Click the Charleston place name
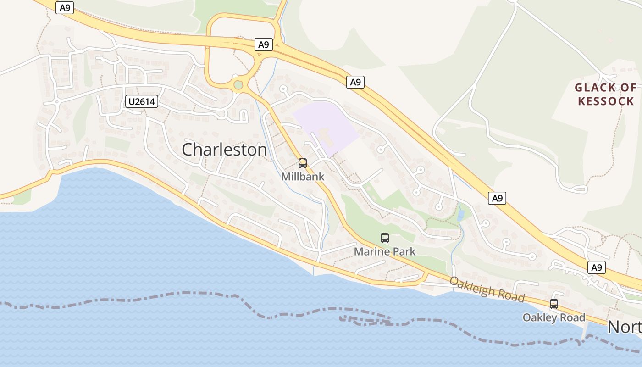coord(224,150)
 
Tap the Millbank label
coord(303,177)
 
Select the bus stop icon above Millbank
coord(303,163)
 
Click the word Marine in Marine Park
coord(370,251)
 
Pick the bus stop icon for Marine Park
coord(385,238)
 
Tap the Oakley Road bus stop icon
coord(554,304)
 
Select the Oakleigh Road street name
coord(487,289)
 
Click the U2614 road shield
coord(142,102)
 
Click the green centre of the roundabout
coord(238,84)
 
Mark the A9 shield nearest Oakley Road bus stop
coord(596,267)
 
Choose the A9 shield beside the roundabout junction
coord(263,44)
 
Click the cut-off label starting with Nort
coord(624,327)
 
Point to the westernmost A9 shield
coord(65,7)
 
